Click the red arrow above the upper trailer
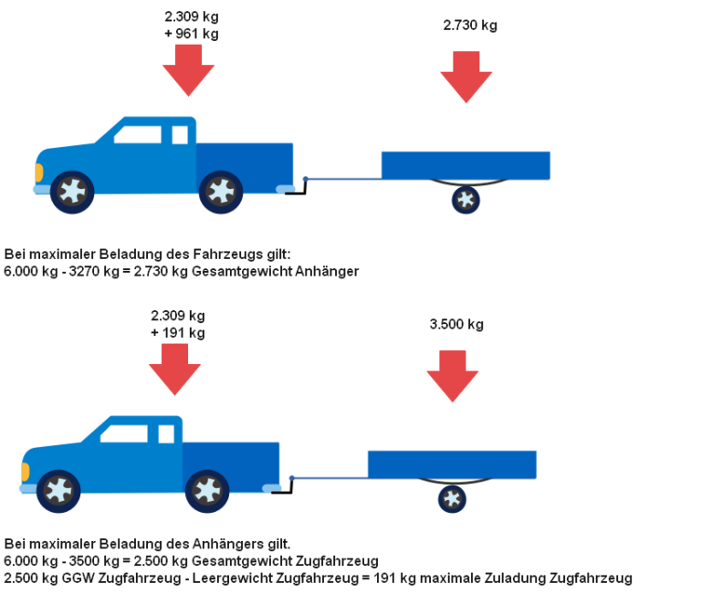466,76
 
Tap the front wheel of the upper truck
72,192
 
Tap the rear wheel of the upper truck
220,192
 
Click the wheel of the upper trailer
466,200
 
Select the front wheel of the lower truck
58,491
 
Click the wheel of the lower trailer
452,498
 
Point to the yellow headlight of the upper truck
38,172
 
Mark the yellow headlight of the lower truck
25,471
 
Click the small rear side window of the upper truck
180,135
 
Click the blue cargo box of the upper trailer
466,165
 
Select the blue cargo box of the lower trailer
452,464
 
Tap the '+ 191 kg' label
177,333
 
